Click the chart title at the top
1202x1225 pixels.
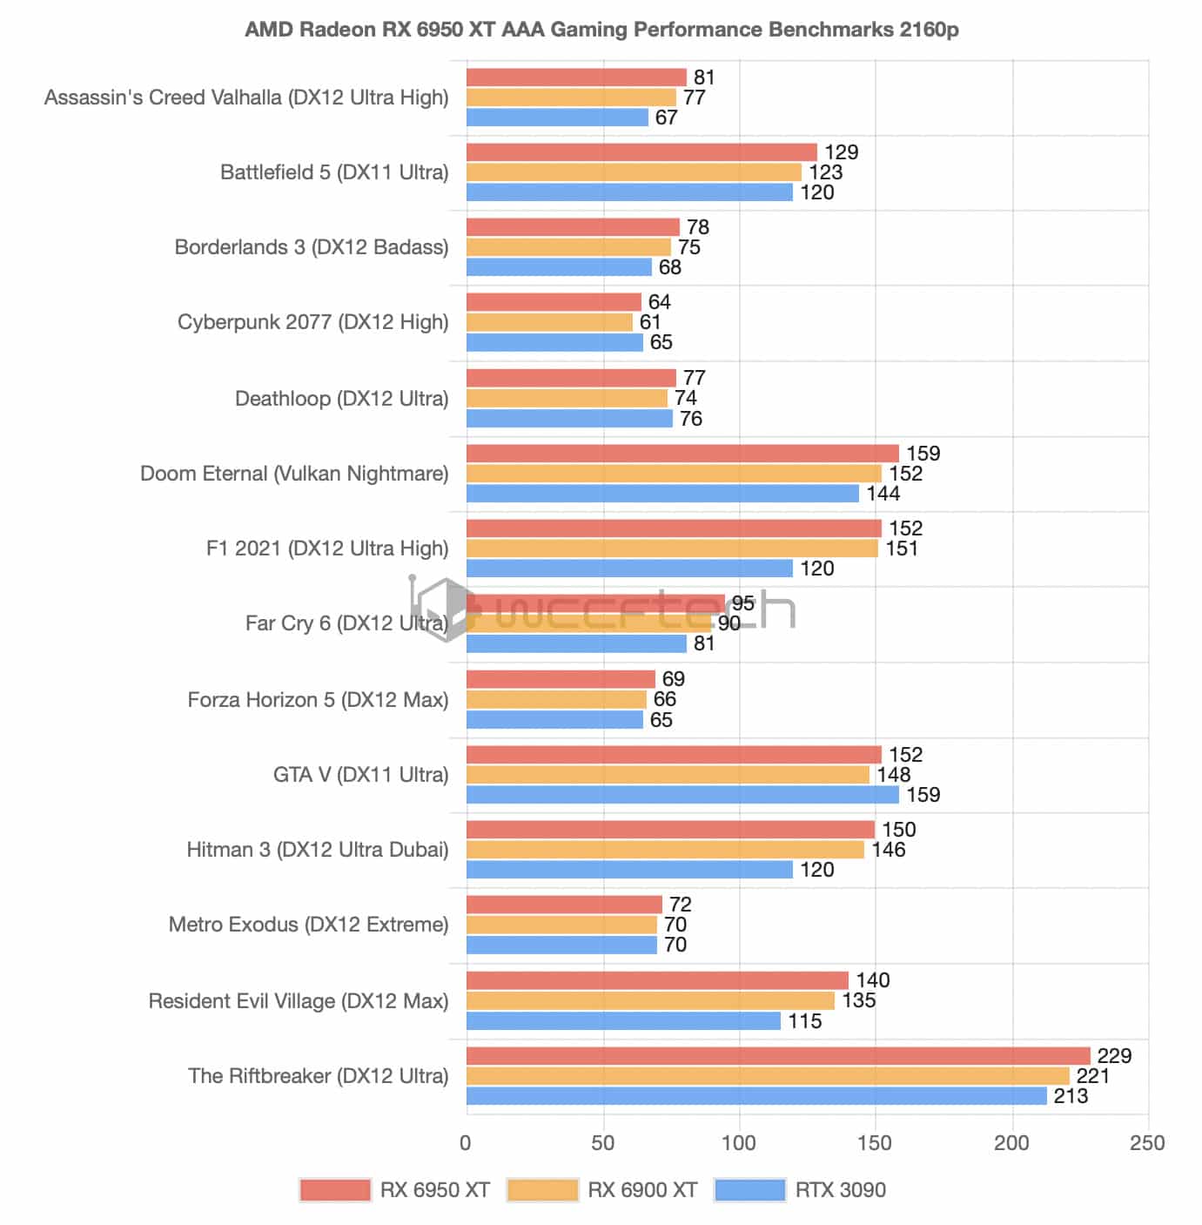(601, 30)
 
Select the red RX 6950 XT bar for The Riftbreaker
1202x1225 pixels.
(778, 1055)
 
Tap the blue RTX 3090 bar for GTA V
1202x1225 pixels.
(682, 795)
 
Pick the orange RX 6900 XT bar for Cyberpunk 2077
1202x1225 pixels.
(549, 322)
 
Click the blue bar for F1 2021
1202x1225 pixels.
(629, 569)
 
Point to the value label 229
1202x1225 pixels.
(1113, 1055)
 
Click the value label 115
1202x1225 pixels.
(805, 1021)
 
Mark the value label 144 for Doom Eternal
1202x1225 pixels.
(883, 494)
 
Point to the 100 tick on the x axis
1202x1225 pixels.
(739, 1143)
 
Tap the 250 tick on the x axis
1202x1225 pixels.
(1147, 1143)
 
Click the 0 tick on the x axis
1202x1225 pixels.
(466, 1143)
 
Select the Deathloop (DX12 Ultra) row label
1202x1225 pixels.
(342, 399)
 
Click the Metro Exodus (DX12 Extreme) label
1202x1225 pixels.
(308, 925)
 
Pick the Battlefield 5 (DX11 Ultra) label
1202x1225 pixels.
(334, 172)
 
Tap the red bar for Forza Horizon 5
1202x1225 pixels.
(561, 679)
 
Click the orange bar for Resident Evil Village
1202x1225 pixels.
(650, 1000)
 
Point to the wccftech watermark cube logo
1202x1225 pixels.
(445, 609)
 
